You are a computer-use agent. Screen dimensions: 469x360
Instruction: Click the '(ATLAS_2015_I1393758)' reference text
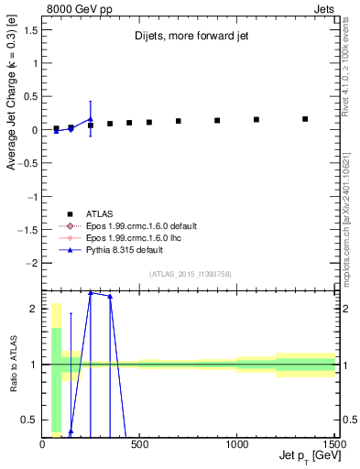[190, 273]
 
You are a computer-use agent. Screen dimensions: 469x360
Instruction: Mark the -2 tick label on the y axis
[31, 263]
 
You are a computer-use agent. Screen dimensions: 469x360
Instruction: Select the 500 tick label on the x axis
[139, 444]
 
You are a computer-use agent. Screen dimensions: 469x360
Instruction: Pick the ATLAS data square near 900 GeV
[217, 120]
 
